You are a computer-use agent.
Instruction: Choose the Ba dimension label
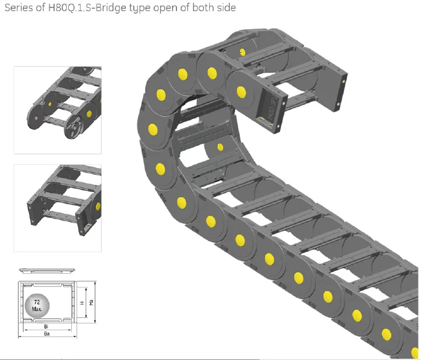(46, 333)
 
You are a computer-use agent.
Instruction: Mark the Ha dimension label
(92, 302)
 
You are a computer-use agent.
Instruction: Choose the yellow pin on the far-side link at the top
(241, 53)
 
